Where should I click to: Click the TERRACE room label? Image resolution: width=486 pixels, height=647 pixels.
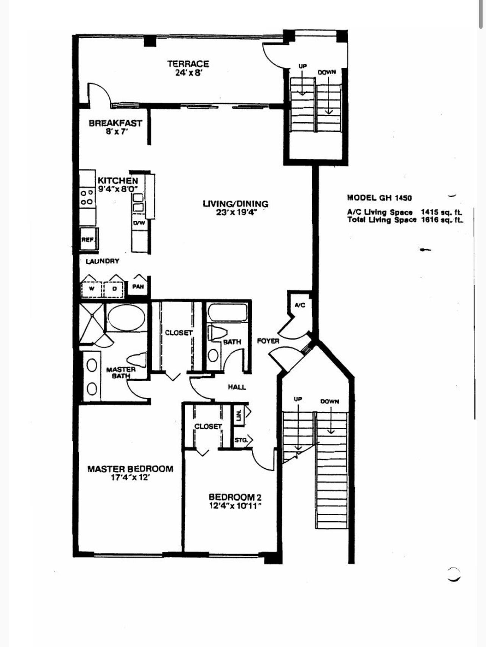coord(188,64)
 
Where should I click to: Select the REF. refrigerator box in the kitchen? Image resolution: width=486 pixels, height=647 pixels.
coord(88,239)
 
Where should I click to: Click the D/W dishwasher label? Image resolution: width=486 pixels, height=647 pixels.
coord(139,223)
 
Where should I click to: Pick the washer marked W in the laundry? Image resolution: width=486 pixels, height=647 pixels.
coord(92,289)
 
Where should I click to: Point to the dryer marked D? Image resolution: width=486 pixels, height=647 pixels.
coord(114,289)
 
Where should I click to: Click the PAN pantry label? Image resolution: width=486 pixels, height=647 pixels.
coord(138,287)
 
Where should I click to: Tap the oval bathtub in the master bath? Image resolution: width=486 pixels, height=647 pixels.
coord(126,318)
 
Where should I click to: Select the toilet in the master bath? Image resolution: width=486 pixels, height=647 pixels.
coord(137,359)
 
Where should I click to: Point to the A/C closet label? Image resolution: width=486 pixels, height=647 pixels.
coord(300,305)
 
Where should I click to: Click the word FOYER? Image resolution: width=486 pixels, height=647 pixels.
coord(268,341)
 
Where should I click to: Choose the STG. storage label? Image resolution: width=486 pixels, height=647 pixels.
coord(241,440)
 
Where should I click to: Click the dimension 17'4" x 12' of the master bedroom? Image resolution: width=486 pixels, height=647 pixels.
coord(131,478)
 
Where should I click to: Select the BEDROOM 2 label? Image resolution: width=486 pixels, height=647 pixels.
coord(235,497)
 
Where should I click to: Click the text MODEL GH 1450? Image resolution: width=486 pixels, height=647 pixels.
coord(379,198)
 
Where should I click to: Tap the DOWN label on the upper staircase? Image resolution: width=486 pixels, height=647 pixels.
coord(327,72)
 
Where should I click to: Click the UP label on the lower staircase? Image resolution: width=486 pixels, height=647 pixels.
coord(298,399)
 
